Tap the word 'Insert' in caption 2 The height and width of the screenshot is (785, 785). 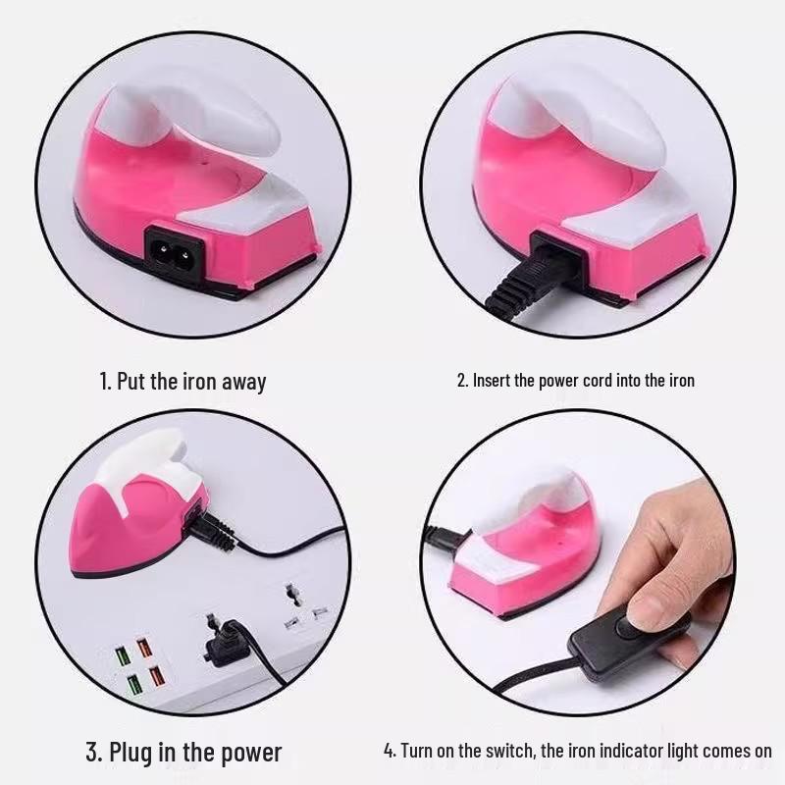492,380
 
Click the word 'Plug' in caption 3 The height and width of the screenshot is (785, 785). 131,753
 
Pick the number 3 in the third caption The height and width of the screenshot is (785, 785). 92,752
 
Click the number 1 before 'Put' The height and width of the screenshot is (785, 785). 104,382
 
